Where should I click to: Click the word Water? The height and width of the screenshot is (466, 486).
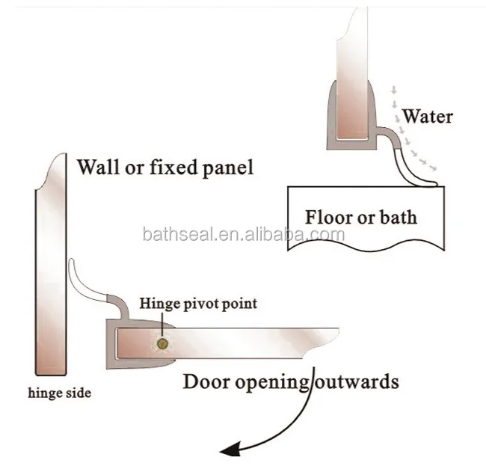point(428,117)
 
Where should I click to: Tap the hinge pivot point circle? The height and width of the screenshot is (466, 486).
point(162,343)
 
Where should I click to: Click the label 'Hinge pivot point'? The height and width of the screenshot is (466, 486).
point(198,304)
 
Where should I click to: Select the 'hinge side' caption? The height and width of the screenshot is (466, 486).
point(60,393)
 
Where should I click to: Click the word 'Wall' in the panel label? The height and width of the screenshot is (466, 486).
point(98,167)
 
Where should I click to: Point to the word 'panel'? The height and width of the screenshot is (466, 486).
point(228,168)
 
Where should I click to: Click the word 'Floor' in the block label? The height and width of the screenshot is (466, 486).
point(329,217)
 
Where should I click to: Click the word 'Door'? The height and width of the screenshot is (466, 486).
point(206,381)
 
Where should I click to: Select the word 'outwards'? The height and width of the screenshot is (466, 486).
point(357,381)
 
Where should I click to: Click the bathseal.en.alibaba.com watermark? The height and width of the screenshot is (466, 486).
point(244,234)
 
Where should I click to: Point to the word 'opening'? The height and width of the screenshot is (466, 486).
point(273,383)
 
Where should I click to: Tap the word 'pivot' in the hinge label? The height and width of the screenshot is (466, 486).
point(202,304)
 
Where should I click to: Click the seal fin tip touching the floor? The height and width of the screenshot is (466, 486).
point(434,184)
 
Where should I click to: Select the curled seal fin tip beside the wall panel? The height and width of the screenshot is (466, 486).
point(72,261)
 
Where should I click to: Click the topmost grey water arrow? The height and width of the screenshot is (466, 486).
point(394,90)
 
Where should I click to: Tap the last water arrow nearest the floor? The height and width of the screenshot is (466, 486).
point(433,168)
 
